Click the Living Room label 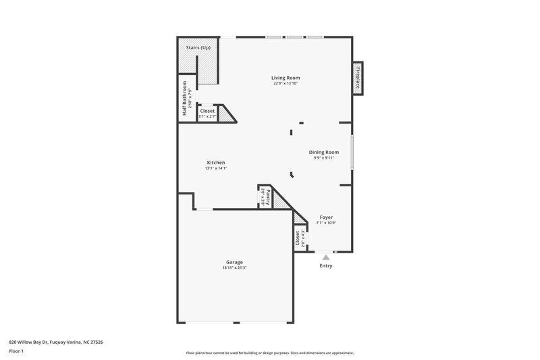[286, 78]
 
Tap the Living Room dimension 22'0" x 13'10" [286, 84]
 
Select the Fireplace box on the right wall [357, 78]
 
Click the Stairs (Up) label [198, 49]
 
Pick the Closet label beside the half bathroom [207, 111]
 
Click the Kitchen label [216, 163]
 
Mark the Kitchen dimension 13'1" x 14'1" [216, 168]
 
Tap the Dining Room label [324, 153]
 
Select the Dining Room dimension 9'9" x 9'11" [324, 158]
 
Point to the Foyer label [326, 217]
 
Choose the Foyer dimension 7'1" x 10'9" [326, 223]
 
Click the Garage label [234, 262]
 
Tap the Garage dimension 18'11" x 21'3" [234, 268]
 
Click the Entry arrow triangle [326, 257]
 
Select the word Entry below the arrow [326, 265]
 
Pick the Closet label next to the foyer [298, 238]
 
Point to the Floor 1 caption [16, 352]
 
